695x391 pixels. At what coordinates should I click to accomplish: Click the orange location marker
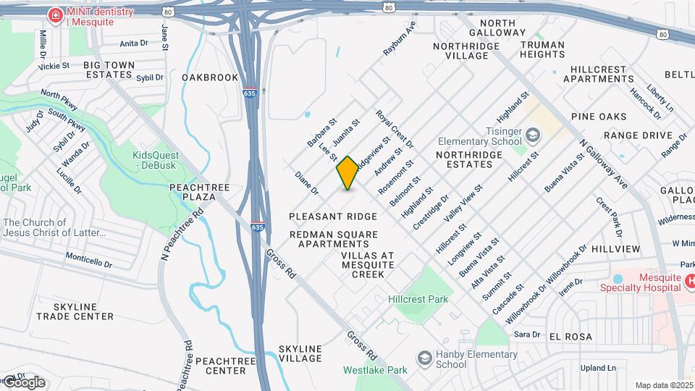(x=348, y=172)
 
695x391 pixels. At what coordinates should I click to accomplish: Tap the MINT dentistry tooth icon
(x=54, y=14)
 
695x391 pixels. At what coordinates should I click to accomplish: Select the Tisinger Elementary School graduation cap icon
(x=533, y=135)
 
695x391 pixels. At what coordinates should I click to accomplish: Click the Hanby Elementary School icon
(x=425, y=358)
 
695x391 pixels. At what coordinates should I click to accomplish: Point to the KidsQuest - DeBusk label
(x=155, y=160)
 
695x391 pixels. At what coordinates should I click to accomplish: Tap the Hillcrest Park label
(x=418, y=299)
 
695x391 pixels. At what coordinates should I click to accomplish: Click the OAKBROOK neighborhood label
(x=210, y=77)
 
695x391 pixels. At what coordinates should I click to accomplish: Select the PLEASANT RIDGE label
(x=333, y=216)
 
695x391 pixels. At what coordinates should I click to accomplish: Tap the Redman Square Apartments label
(x=334, y=240)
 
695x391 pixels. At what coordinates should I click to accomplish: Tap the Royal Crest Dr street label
(x=395, y=129)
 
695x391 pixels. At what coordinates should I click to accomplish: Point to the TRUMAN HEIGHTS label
(x=542, y=49)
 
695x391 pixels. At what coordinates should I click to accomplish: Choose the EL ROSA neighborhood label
(x=570, y=337)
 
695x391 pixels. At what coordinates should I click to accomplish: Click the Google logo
(x=23, y=382)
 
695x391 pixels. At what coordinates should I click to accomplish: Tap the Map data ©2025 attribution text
(x=663, y=385)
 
